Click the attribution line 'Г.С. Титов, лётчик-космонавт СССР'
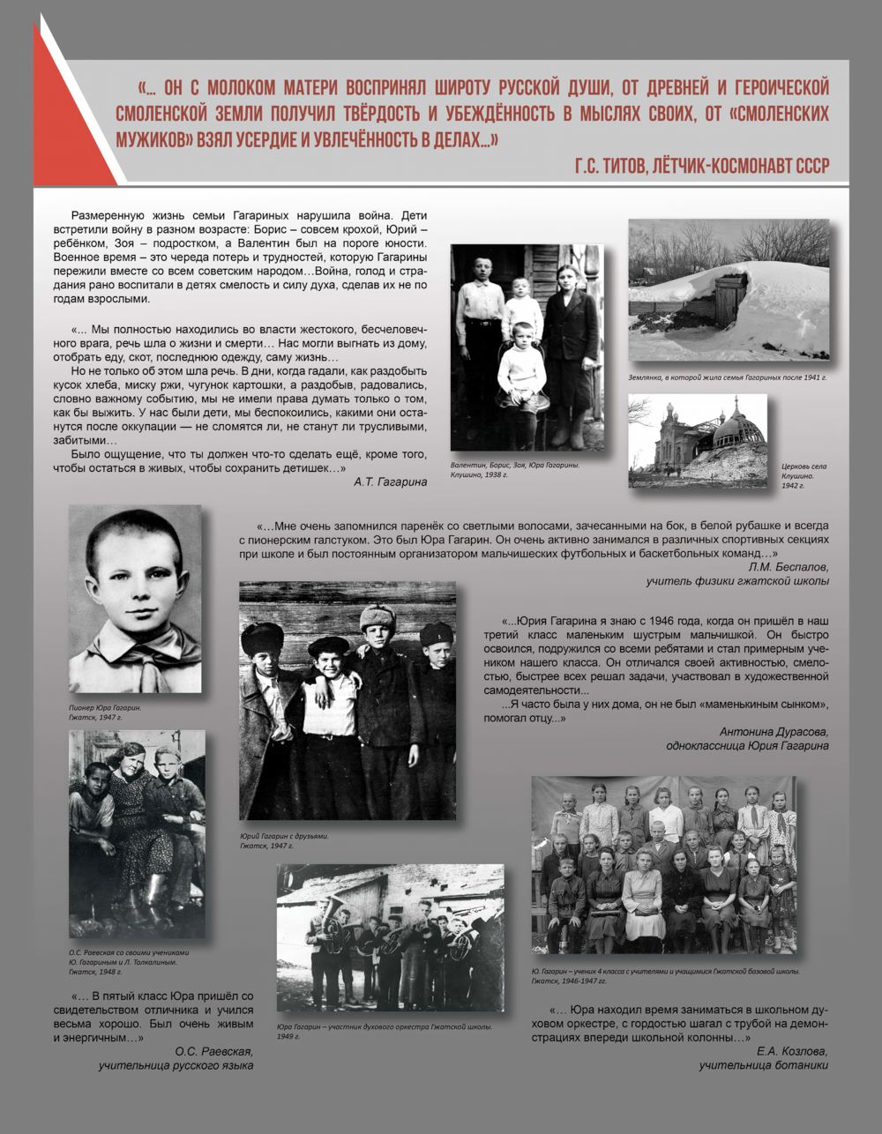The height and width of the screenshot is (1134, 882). [701, 165]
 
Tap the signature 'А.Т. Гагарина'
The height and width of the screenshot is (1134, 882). [390, 481]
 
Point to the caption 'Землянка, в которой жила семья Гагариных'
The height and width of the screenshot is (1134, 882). [728, 377]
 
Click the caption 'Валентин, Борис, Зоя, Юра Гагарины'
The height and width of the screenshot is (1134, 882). [514, 465]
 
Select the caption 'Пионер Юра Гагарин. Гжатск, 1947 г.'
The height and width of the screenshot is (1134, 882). [105, 712]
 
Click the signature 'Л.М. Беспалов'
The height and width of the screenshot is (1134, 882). [788, 567]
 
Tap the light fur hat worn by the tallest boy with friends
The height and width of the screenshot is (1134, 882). [377, 615]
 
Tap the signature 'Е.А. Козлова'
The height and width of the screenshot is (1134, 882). [792, 1051]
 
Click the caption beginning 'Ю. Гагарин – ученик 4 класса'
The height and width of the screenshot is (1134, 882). [665, 971]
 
